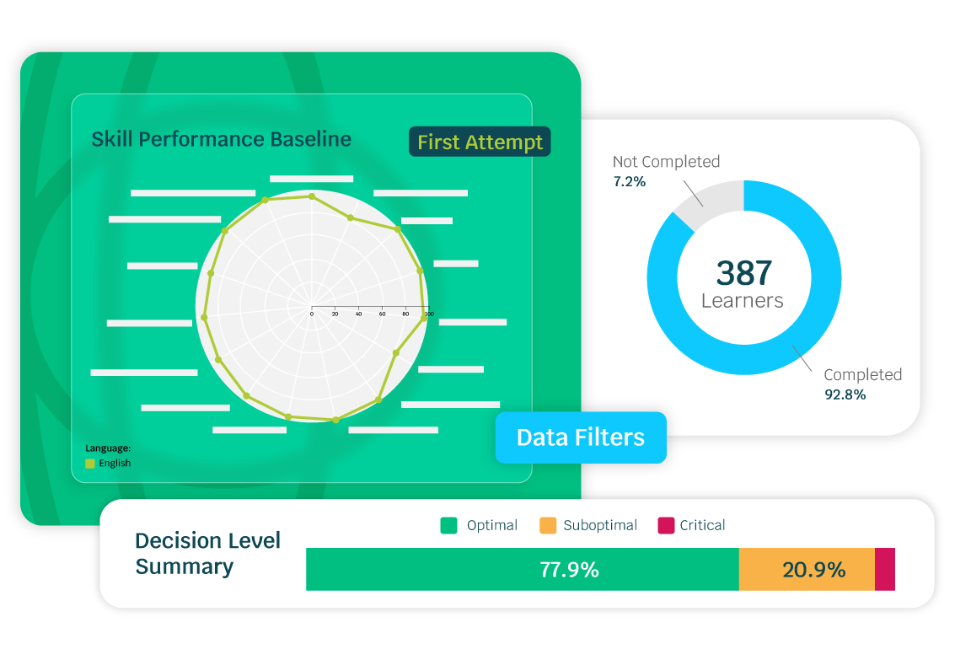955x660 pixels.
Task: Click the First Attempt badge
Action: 480,142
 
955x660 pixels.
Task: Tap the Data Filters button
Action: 581,437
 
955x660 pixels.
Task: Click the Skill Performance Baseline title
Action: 221,139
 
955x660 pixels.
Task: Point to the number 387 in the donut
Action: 743,273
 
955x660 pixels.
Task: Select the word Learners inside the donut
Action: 743,300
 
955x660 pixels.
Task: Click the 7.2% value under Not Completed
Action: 630,181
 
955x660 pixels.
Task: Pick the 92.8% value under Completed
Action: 845,394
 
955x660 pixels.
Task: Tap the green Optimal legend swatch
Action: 448,525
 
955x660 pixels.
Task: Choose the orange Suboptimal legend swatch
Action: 548,525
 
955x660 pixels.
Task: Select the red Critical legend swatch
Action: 665,525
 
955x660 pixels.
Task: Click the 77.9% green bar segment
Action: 523,570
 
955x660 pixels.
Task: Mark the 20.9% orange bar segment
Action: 807,570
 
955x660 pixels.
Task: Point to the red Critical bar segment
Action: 885,570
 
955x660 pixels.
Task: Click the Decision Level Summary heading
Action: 207,553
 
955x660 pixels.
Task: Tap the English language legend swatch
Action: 90,463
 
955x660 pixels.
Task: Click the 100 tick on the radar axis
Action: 428,314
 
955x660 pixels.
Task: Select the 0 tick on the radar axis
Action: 311,314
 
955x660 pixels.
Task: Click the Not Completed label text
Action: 666,162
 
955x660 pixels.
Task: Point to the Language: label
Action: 108,448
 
